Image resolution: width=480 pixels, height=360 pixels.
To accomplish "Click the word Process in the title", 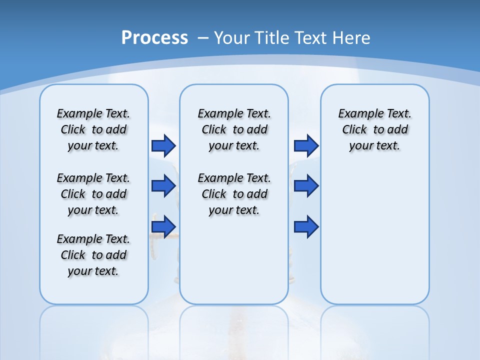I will point(154,37).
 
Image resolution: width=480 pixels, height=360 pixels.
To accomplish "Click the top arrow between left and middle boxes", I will point(163,145).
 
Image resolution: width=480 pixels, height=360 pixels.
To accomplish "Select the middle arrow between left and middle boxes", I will point(163,186).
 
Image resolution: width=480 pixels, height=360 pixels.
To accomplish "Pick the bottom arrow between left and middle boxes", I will point(163,226).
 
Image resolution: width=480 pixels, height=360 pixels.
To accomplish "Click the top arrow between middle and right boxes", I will point(306,145).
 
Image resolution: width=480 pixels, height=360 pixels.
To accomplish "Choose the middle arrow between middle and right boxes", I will point(306,186).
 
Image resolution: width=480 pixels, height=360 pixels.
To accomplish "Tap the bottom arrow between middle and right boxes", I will point(306,226).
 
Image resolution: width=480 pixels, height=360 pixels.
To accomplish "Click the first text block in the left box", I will point(93,129).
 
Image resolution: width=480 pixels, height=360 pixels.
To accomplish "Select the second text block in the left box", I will point(93,194).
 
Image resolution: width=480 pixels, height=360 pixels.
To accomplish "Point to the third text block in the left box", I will point(93,255).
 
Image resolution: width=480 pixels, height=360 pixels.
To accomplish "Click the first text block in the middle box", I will point(234,129).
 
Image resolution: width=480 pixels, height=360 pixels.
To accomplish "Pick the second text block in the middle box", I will point(234,194).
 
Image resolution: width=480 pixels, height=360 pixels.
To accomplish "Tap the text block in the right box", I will point(375,129).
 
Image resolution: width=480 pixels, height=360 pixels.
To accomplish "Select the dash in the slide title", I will point(203,37).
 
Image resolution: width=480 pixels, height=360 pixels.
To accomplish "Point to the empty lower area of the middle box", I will point(234,260).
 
